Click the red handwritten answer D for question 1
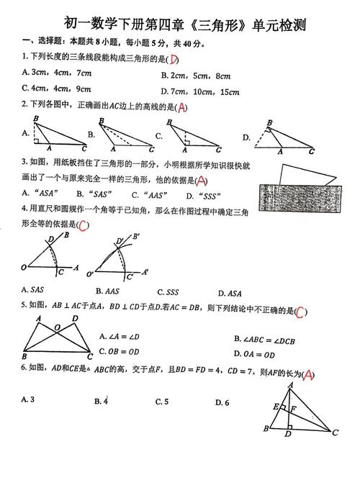pos(174,60)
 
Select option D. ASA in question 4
pos(229,292)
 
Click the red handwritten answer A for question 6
pos(307,374)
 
